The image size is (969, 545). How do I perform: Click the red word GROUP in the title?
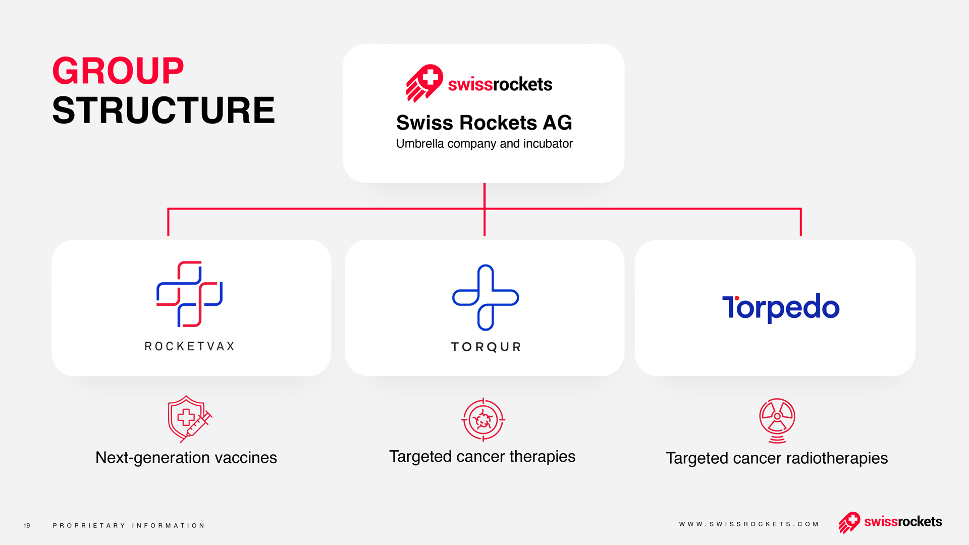tap(118, 71)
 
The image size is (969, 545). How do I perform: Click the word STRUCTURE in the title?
tap(164, 110)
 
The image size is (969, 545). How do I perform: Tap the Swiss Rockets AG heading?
tap(484, 123)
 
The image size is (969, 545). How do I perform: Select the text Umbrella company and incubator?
tap(484, 144)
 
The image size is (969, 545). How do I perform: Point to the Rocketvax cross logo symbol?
tap(189, 294)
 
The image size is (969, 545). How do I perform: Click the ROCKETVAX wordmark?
tap(190, 346)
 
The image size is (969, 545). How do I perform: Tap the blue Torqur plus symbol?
tap(486, 298)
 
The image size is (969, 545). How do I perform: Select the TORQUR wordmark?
tap(486, 347)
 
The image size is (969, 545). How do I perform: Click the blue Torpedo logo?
tap(781, 307)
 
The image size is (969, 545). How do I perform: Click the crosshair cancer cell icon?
tap(483, 419)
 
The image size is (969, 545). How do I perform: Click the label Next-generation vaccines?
tap(186, 458)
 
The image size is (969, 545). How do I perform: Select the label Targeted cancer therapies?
tap(482, 457)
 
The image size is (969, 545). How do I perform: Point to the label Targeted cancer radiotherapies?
tap(777, 458)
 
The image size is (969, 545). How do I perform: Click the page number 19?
tap(27, 526)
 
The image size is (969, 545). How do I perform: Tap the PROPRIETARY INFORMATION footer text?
tap(129, 526)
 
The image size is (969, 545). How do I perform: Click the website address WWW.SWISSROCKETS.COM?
tap(749, 524)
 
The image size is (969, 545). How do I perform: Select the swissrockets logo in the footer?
tap(890, 522)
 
